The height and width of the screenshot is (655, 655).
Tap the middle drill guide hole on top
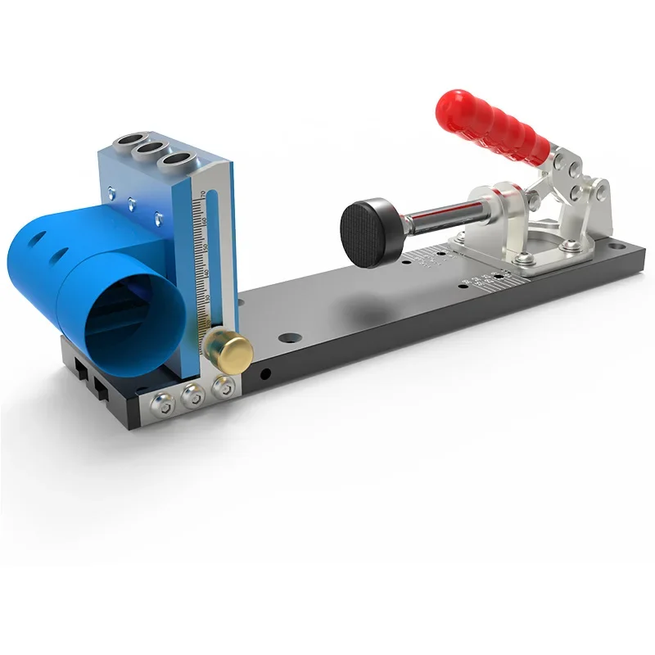click(x=151, y=150)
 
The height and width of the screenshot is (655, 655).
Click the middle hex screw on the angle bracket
click(x=193, y=396)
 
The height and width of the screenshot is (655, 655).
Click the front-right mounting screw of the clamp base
click(x=527, y=259)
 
